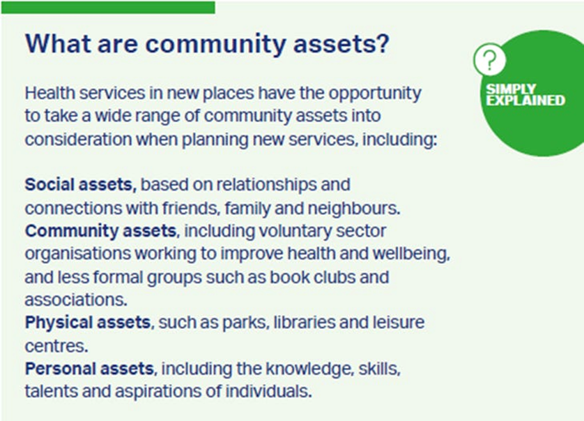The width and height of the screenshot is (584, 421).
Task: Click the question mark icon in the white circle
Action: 490,60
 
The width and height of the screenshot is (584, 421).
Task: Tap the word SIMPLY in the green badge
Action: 511,89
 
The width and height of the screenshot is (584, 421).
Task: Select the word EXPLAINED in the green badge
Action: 525,101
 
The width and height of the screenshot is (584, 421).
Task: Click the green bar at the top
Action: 108,8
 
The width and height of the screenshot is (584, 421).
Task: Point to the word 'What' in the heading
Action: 58,44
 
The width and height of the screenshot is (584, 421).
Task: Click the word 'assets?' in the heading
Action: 341,44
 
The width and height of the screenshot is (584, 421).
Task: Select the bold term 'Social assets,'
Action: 80,185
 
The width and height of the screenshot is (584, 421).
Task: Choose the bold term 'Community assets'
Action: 100,231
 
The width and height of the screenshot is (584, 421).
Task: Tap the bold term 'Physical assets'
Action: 88,323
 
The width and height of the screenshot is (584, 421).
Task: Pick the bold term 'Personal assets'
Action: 89,369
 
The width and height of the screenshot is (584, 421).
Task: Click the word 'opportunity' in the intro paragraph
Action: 375,94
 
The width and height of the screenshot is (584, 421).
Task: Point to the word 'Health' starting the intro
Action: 50,93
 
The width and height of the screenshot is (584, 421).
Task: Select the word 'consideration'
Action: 78,140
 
